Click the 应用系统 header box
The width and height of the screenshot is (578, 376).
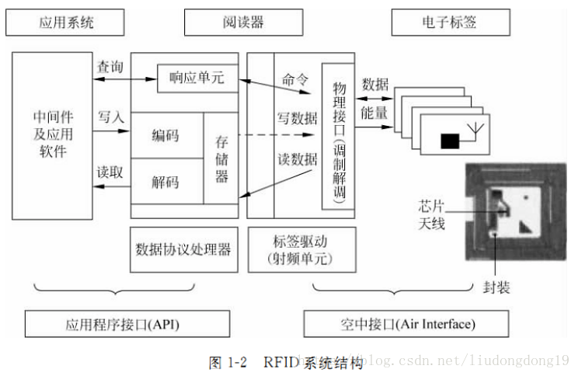66,23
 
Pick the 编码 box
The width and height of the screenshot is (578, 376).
165,134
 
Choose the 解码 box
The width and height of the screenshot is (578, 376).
165,183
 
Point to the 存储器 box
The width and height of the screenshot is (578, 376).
221,159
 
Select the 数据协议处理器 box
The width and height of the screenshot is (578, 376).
183,249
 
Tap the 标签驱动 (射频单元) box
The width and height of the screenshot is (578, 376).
301,249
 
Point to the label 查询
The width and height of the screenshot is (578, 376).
110,68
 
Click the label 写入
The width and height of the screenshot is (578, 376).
110,117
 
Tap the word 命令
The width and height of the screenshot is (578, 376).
296,79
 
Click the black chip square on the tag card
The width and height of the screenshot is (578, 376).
450,141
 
